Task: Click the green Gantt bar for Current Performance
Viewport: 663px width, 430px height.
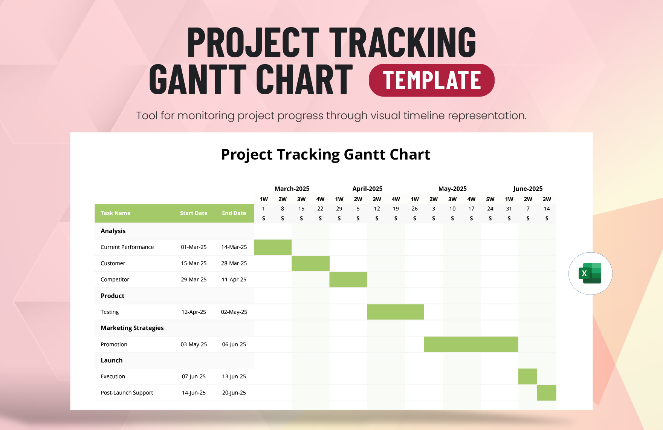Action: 273,247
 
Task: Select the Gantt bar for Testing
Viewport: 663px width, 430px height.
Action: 396,312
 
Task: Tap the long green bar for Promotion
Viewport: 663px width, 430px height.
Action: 471,344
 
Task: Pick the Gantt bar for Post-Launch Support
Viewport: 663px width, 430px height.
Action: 547,393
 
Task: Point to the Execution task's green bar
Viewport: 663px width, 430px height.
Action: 528,376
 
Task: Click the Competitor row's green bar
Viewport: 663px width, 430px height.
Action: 348,279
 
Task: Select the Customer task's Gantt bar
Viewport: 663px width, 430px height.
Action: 310,263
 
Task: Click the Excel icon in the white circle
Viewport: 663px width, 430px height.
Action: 590,273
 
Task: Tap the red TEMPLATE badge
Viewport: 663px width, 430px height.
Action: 432,80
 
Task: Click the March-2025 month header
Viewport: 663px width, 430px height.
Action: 292,189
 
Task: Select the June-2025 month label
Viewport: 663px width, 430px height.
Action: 528,189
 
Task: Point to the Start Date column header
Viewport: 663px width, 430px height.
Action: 194,213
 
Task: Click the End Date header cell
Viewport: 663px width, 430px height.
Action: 234,213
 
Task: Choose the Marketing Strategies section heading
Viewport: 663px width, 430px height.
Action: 132,328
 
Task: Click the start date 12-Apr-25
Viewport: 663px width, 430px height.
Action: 194,312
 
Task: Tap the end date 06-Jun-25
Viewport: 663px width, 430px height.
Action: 234,344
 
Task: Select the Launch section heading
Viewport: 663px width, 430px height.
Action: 112,360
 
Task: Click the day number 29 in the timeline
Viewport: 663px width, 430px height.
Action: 339,209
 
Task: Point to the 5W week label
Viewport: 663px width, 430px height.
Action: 490,199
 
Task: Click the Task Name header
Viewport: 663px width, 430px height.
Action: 115,213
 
